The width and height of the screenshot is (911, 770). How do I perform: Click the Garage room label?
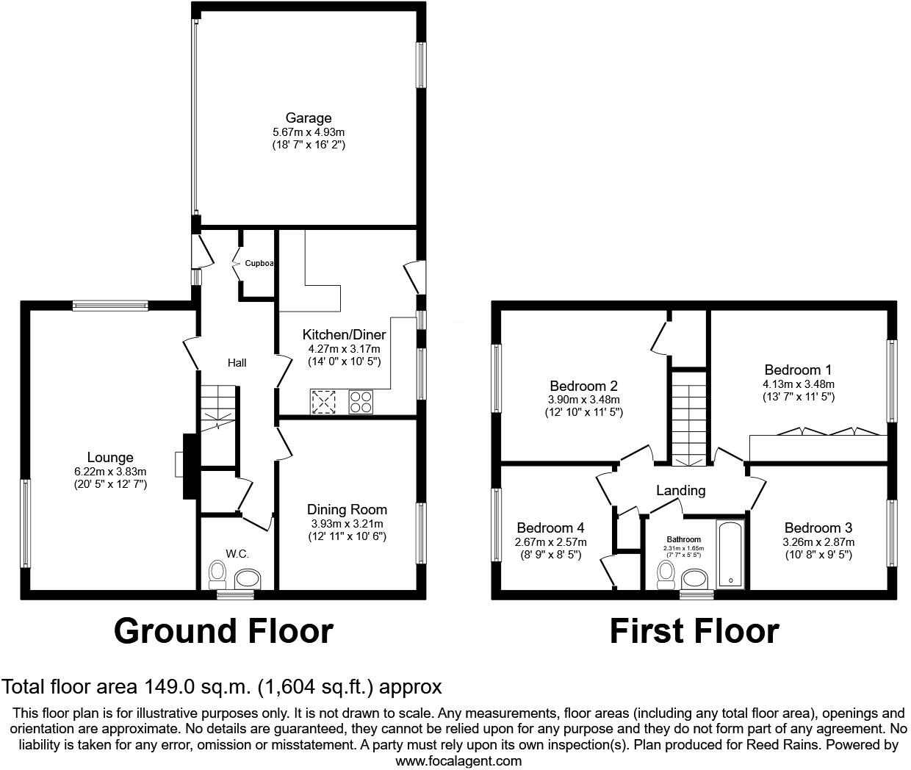tap(309, 118)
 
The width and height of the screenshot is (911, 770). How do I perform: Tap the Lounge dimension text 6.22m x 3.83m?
tap(110, 472)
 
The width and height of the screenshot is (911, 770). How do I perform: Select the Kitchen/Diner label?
tap(344, 335)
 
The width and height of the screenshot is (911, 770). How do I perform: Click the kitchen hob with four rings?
tap(361, 401)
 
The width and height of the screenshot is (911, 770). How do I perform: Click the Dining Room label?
tap(347, 510)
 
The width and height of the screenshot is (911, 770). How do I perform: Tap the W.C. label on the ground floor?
tap(237, 553)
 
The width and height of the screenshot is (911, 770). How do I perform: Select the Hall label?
tap(237, 363)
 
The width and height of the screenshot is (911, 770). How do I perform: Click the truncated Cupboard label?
tap(259, 263)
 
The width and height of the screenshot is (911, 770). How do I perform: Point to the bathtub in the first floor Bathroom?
tap(730, 555)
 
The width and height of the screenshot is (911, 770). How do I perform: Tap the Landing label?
tap(680, 491)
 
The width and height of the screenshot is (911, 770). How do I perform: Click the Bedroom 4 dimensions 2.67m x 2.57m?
tap(550, 542)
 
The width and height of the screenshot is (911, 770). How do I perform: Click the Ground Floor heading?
tap(223, 630)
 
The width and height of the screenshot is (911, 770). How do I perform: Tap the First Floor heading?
tap(694, 630)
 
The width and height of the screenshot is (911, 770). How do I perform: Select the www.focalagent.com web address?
tap(458, 761)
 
